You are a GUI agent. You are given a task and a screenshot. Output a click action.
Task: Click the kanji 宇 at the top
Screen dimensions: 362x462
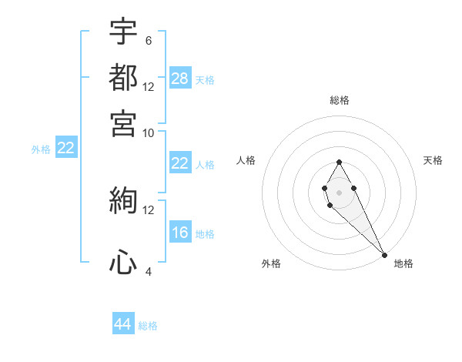coord(123,33)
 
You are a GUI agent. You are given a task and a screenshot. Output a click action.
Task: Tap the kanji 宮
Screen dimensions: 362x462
coord(123,122)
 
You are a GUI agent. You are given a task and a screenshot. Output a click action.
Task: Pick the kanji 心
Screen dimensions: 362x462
coord(123,263)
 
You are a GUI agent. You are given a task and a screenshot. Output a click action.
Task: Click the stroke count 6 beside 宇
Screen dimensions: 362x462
coord(148,41)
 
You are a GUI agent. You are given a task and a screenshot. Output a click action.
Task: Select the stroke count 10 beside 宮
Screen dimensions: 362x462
coord(149,132)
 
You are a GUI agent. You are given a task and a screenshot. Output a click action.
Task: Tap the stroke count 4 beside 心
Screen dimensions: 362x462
coord(148,272)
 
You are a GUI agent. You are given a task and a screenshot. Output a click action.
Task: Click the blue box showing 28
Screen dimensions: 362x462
coord(180,79)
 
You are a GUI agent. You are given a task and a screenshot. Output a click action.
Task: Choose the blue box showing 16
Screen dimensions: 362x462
coord(180,233)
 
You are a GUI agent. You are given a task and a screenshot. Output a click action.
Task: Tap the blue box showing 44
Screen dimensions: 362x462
coord(123,324)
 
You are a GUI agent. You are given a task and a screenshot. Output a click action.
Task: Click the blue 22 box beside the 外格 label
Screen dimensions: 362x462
coord(65,149)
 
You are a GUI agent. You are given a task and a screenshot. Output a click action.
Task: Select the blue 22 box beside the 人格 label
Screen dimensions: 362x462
coord(180,163)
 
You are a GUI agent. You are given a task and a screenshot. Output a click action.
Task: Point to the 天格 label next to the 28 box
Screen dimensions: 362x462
coord(205,79)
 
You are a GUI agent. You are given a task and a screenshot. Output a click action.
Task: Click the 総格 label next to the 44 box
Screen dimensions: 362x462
coord(148,326)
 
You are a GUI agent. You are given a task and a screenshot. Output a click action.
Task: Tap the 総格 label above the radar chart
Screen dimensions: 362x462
coord(339,100)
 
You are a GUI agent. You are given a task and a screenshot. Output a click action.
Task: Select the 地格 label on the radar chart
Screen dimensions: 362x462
coord(403,263)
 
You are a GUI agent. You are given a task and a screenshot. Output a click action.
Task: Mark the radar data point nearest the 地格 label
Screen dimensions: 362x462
coord(383,255)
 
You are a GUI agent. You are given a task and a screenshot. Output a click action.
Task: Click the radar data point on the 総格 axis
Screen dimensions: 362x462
coord(339,163)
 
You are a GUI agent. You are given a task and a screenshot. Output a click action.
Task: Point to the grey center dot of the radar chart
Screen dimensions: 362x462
coord(339,191)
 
